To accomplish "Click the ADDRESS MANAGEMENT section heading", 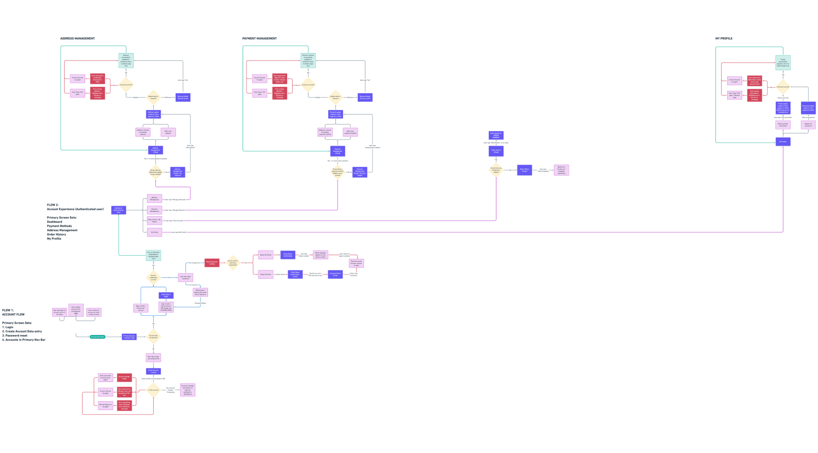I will coord(77,39).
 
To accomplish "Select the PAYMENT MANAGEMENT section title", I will coord(259,39).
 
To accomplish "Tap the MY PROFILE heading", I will coord(724,39).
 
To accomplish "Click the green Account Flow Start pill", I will coord(97,337).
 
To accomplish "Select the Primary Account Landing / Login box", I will coord(129,337).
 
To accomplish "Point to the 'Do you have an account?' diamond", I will coord(153,337).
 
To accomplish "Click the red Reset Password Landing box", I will coord(212,263).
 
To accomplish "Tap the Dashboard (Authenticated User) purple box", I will coord(118,210).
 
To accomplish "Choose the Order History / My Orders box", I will coord(154,221).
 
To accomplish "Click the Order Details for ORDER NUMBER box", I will coord(496,135).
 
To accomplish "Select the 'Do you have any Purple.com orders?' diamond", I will coord(496,170).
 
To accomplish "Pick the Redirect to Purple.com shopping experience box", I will coord(561,170).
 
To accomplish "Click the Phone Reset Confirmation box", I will coord(287,255).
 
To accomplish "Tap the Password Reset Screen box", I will coord(335,275).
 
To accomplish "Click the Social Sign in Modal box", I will coord(166,296).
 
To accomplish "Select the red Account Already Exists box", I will coord(124,378).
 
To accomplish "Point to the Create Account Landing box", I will coord(153,371).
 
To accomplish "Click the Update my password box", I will coord(808,125).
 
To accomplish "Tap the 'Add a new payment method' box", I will coord(350,132).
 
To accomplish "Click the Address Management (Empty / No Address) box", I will coord(177,172).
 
